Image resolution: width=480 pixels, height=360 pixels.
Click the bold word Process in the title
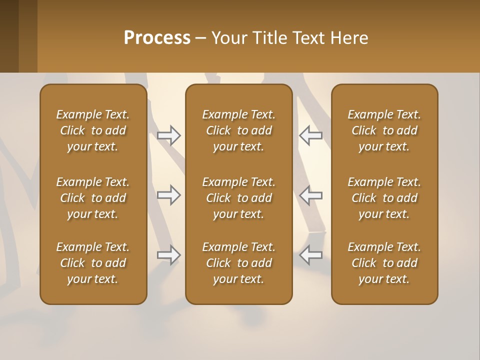point(157,38)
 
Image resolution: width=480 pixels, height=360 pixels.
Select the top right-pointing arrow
point(169,135)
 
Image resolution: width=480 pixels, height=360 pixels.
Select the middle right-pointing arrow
point(169,195)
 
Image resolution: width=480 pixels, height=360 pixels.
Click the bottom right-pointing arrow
point(169,255)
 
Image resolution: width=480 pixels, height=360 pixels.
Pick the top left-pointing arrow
point(310,135)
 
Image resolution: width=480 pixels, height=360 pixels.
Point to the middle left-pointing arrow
point(310,195)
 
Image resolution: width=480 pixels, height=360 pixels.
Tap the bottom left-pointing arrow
point(310,255)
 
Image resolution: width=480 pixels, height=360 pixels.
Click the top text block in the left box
point(93,130)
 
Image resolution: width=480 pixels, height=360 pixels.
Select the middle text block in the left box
point(93,198)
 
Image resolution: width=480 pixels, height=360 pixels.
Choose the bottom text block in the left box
point(93,263)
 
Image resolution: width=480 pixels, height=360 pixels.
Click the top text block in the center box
point(239,130)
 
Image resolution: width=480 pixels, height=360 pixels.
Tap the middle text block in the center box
point(239,198)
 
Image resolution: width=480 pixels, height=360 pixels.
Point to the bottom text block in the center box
point(239,263)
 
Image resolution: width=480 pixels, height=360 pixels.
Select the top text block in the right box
point(384,130)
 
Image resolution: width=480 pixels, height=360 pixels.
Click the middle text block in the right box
point(384,198)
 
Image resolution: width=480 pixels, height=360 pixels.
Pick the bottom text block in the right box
point(384,263)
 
